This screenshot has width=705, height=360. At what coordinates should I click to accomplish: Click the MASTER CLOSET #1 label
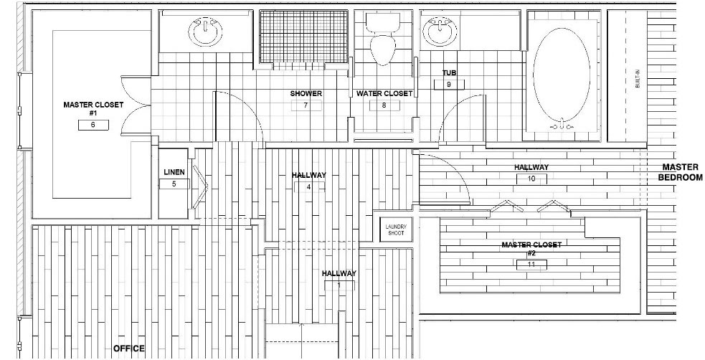click(x=93, y=108)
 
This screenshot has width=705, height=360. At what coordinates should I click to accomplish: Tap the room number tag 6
click(x=93, y=125)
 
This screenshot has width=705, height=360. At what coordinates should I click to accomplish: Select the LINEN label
click(x=174, y=172)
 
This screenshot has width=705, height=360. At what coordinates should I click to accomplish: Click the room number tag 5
click(x=174, y=184)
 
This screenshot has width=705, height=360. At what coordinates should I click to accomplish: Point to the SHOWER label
click(x=306, y=93)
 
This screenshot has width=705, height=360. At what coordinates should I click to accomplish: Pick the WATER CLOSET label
click(x=384, y=93)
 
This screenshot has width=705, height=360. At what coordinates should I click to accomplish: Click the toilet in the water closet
click(x=383, y=39)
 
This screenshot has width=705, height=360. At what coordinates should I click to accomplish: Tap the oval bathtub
click(x=562, y=75)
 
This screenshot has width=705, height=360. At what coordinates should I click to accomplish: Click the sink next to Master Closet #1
click(x=205, y=32)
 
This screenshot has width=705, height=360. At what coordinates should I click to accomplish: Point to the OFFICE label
click(x=129, y=349)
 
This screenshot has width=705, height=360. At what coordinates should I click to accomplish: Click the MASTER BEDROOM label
click(x=681, y=172)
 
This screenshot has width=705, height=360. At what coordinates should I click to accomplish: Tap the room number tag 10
click(x=531, y=179)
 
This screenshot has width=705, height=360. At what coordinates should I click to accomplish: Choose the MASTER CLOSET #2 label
click(x=531, y=249)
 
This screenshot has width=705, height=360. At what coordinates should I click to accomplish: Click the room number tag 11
click(x=531, y=265)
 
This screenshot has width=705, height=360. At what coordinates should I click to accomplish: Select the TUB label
click(x=449, y=73)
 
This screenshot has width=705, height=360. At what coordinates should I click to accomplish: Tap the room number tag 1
click(x=339, y=285)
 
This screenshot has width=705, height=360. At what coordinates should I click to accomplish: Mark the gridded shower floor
click(x=303, y=37)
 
